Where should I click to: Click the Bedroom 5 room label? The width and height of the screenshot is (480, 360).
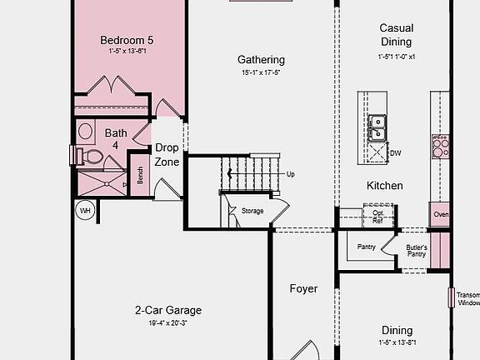127,40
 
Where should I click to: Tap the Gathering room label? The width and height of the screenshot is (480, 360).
261,60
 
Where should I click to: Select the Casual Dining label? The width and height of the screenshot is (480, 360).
396,34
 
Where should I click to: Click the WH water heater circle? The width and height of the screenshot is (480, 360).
85,211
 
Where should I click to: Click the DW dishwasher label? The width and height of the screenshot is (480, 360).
396,153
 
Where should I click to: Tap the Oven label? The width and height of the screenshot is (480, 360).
441,214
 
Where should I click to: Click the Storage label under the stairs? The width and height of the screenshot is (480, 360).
252,211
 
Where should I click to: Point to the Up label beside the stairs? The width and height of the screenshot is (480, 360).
290,174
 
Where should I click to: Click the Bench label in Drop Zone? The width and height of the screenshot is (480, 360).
140,176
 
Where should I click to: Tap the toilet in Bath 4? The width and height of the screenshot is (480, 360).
90,157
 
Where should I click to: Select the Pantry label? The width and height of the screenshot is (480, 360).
366,247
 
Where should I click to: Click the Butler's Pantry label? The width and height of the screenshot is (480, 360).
417,251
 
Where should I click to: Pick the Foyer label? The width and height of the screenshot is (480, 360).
303,289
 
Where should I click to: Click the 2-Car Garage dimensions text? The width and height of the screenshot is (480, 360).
168,323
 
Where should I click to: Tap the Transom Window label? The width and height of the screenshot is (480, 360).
468,298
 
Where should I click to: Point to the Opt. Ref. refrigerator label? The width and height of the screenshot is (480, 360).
377,216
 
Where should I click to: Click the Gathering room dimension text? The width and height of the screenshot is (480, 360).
261,73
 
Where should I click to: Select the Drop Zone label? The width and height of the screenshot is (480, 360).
167,155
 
